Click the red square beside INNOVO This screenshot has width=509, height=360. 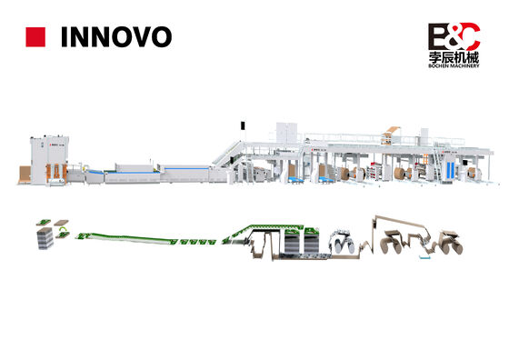pos(35,37)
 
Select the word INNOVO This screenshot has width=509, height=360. pos(116,37)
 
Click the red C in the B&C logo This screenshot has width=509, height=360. pos(470,35)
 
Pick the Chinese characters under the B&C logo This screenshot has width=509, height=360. pos(454,58)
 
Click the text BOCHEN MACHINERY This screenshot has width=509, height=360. pos(454,65)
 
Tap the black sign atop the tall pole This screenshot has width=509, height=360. pos(243,125)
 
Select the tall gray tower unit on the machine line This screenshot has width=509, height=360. pos(49,160)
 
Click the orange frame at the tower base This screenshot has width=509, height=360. pos(56,174)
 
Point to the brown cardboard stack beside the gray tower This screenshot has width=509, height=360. pos(25,175)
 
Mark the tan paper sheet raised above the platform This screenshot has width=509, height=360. pos(391,132)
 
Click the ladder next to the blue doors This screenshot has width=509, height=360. pos(438,164)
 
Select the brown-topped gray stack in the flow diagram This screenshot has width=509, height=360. pos(45,237)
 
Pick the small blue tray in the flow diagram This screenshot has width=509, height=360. pos(424,257)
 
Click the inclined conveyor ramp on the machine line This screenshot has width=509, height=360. pos(227,154)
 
